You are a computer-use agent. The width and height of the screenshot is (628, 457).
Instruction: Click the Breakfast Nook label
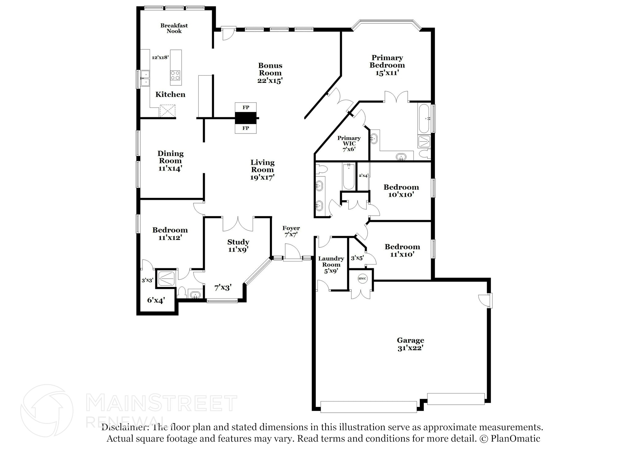174,28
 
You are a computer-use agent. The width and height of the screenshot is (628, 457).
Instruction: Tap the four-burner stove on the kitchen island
176,76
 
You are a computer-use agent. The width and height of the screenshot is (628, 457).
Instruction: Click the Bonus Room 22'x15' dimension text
270,81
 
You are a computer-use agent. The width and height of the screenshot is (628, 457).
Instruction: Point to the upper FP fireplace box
246,107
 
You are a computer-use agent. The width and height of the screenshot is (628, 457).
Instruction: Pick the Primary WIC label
349,141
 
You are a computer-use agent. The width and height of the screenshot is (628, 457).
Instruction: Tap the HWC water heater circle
362,279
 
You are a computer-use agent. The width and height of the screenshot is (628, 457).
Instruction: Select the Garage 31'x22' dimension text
411,348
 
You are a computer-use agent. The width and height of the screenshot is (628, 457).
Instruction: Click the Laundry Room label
331,261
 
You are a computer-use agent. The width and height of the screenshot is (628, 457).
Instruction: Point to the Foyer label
291,228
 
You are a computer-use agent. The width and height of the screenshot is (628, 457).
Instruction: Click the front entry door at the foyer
292,253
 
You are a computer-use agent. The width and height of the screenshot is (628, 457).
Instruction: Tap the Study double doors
238,224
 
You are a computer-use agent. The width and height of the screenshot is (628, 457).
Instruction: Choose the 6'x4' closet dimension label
156,300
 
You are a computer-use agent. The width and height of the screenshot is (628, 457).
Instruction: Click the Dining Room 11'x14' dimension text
170,168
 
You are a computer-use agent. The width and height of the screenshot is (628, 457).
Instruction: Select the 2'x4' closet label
363,176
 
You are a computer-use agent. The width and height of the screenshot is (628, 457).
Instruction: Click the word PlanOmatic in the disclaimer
515,439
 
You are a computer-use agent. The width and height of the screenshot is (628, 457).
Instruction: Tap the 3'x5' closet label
357,258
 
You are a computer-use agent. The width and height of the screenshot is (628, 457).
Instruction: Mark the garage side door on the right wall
486,300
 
